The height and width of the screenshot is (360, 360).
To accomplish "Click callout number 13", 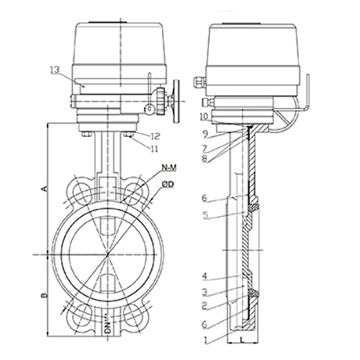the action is click(x=55, y=70).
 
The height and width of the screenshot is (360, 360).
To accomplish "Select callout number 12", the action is click(x=156, y=136).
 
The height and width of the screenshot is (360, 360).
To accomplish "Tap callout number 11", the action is click(x=154, y=149).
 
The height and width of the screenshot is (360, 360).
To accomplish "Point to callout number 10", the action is click(x=204, y=117).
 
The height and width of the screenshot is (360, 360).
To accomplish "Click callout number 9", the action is click(x=204, y=135).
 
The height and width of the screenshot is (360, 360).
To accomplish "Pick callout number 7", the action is click(x=204, y=148).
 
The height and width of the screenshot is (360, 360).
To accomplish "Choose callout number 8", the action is click(x=204, y=159).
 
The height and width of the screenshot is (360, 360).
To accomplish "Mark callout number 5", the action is click(x=204, y=215).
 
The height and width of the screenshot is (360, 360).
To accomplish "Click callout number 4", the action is click(x=204, y=276).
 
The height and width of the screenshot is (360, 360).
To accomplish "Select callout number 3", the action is click(x=204, y=292).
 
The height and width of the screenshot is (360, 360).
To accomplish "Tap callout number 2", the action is click(x=204, y=306).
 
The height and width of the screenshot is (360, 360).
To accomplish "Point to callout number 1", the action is click(x=205, y=340).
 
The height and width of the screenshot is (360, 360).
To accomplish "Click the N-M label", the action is click(x=169, y=168).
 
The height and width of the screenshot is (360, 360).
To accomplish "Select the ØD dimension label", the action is click(x=168, y=184).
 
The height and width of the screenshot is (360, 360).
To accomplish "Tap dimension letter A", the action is click(x=45, y=188).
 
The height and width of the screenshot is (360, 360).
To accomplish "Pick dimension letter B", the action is click(x=45, y=294).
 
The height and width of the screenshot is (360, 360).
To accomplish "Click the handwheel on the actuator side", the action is click(x=176, y=102).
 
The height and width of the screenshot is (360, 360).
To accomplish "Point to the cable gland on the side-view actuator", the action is click(x=199, y=82).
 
